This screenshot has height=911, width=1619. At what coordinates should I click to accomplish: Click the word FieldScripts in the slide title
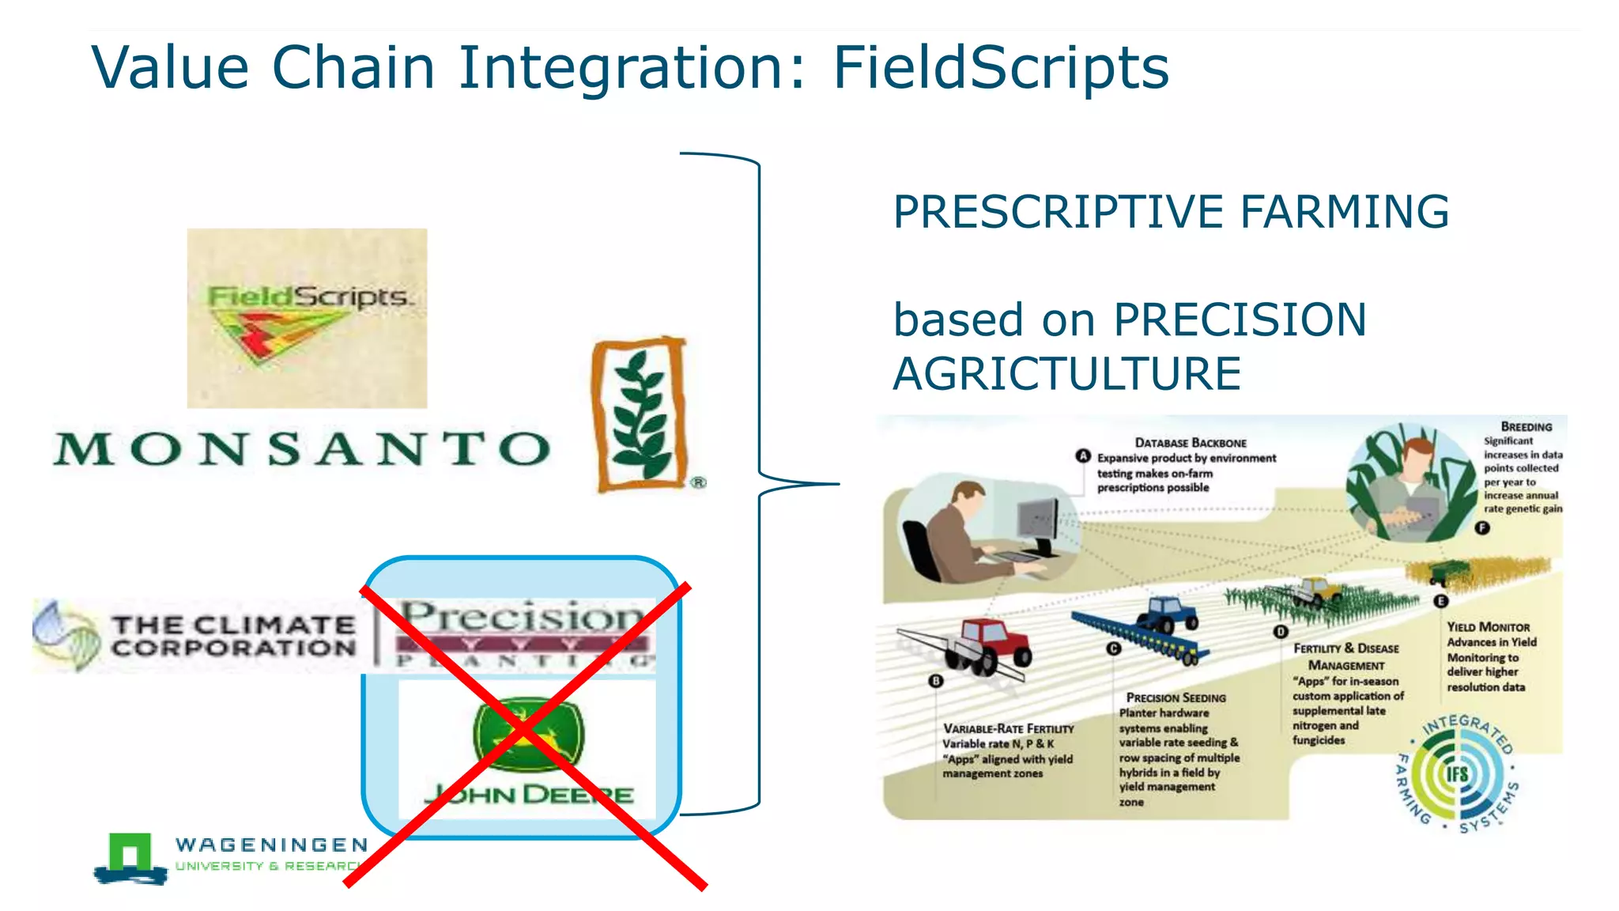(x=1000, y=68)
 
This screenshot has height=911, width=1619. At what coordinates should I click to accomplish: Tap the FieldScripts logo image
(x=307, y=319)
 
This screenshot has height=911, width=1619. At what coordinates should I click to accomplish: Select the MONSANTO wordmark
(x=302, y=448)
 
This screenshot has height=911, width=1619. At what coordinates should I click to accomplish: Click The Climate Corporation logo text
(x=233, y=637)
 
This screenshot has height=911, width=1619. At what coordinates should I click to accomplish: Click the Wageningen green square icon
(x=130, y=853)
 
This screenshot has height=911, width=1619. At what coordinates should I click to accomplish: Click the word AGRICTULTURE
(x=1066, y=374)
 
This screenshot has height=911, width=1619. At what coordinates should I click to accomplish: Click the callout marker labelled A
(x=1083, y=456)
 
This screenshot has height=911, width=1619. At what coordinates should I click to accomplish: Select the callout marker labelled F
(x=1482, y=527)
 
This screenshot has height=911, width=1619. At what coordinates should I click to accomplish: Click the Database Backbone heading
(x=1191, y=443)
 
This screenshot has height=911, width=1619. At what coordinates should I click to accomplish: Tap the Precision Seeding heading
(x=1176, y=697)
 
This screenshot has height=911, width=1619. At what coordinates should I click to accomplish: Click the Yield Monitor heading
(x=1488, y=626)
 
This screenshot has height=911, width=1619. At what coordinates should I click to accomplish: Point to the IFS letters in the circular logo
(x=1458, y=773)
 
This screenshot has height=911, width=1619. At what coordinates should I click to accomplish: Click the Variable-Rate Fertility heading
(x=1008, y=728)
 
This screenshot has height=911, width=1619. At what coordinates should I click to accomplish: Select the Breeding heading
(x=1526, y=426)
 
